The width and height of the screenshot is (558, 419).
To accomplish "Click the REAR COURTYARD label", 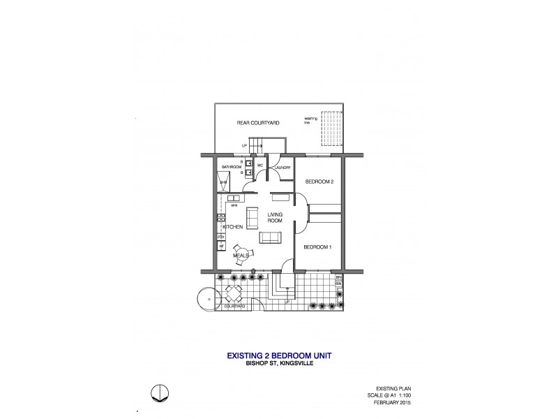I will pyautogui.click(x=258, y=123).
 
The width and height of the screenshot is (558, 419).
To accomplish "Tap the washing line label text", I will pyautogui.click(x=310, y=120).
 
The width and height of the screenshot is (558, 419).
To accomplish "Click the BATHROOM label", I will pyautogui.click(x=231, y=168).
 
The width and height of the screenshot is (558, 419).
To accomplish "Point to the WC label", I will pyautogui.click(x=259, y=166).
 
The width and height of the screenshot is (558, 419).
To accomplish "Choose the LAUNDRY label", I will pyautogui.click(x=282, y=168).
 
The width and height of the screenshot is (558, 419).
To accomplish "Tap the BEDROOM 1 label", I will pyautogui.click(x=318, y=247).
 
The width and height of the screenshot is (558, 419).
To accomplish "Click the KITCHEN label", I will pyautogui.click(x=232, y=228).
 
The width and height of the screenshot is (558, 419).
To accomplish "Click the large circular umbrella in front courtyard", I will pyautogui.click(x=209, y=299).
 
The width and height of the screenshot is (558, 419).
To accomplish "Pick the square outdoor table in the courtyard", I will pyautogui.click(x=231, y=293).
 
